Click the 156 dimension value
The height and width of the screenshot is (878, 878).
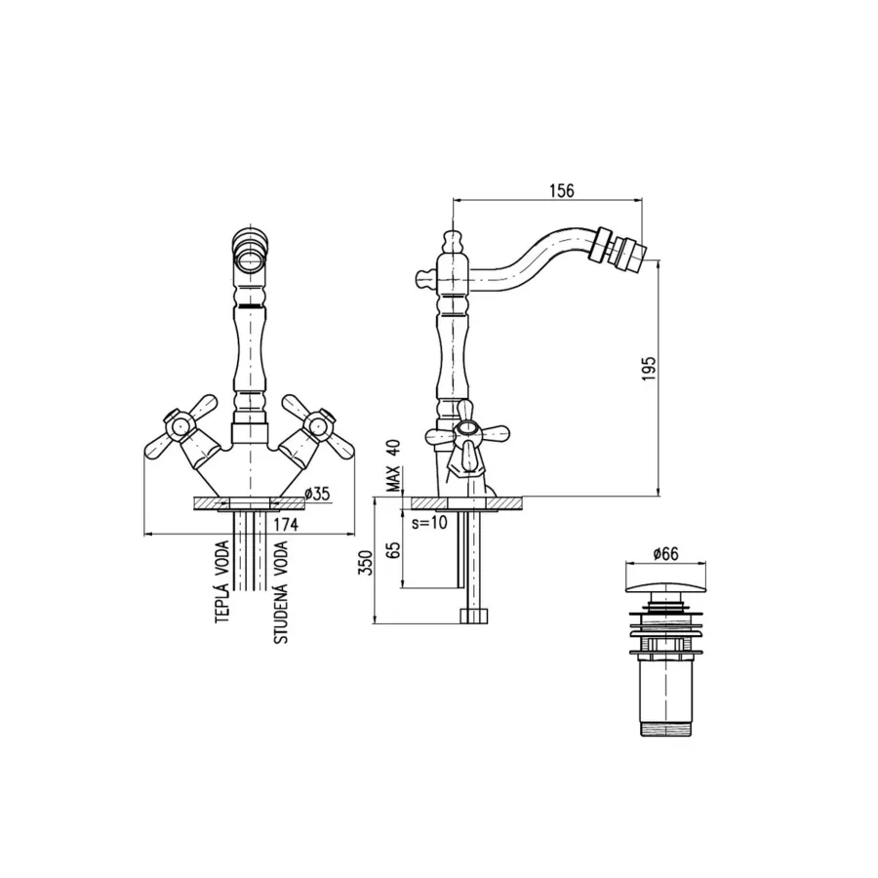(561, 190)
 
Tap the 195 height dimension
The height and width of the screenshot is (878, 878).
(648, 368)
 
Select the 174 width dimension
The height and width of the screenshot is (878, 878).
(286, 525)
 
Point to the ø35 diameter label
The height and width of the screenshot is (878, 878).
(317, 494)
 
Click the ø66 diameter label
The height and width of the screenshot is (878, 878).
(665, 554)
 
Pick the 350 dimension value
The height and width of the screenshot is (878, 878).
(365, 562)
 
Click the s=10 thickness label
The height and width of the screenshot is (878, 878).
(429, 524)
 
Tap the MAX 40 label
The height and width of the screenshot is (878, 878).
(395, 465)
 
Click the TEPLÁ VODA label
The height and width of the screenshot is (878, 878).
(222, 582)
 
